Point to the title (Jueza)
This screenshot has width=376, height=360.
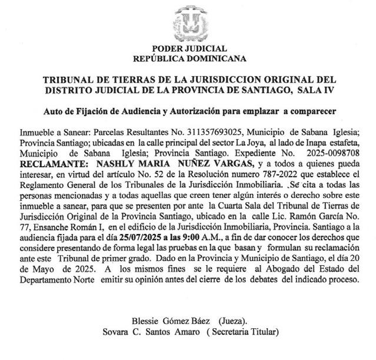click(x=232, y=323)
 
